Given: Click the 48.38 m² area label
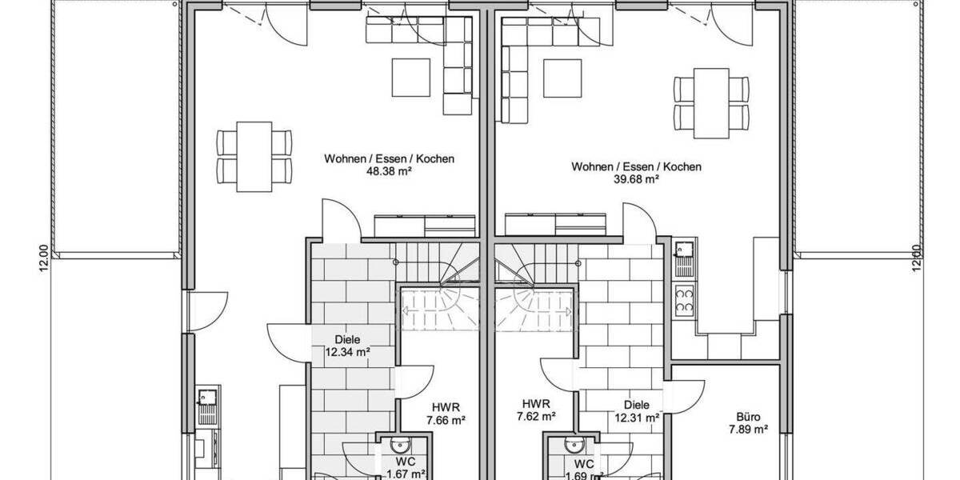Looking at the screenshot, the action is point(389,172).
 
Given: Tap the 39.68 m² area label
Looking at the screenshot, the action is point(636,179).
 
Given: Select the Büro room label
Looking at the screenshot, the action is point(748,417).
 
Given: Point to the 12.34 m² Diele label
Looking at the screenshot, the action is point(347,346).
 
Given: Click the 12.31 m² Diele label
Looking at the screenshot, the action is point(637,411).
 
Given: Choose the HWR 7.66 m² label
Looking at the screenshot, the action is point(446,414).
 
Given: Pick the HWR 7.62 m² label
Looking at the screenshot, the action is point(536,410).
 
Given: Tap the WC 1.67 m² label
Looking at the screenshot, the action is point(406,467).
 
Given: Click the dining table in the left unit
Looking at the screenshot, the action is point(254,157).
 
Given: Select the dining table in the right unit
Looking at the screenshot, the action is point(711,103).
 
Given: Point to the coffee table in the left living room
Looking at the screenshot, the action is point(411,78).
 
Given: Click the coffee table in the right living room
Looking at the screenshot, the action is point(562,78).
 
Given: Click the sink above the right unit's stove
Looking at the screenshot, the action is point(685,259).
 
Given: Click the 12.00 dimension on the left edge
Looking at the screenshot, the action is point(44,259).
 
